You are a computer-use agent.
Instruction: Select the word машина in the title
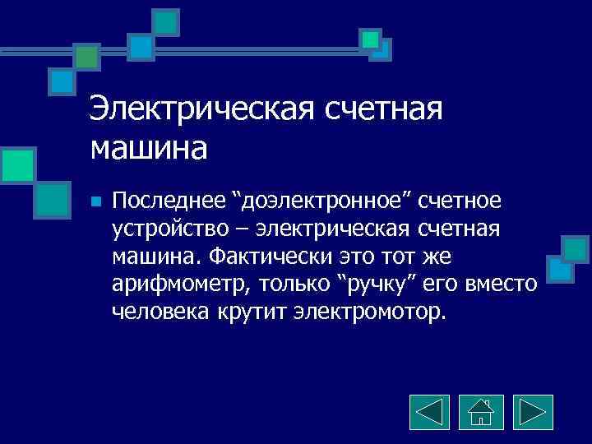coord(149,148)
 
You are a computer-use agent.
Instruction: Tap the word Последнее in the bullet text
coord(169,201)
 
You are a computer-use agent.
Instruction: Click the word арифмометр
coord(181,285)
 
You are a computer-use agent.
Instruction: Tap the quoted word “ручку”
coord(382,285)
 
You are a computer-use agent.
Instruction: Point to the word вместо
coord(501,285)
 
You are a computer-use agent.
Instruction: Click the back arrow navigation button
coord(428,412)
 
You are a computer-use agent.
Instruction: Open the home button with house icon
coord(481,412)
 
